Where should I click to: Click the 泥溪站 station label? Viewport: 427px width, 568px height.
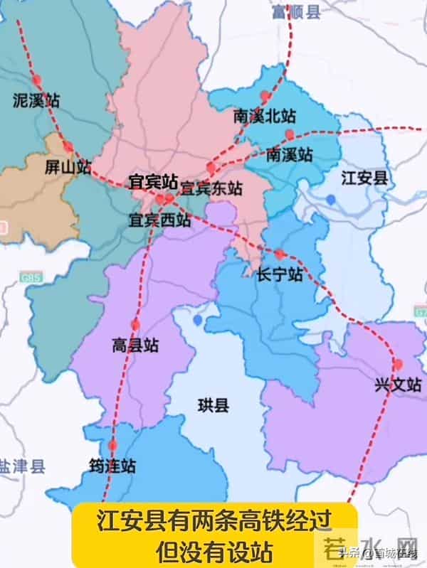(x=36, y=100)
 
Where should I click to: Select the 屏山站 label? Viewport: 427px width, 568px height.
(x=68, y=168)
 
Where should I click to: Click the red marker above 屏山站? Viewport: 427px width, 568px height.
(x=68, y=147)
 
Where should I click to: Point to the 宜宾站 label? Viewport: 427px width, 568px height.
(x=152, y=181)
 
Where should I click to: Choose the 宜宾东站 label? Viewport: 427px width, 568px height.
(x=211, y=188)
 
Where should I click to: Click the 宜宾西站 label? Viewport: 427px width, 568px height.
(x=159, y=220)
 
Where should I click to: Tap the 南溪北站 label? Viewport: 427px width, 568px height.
(x=264, y=115)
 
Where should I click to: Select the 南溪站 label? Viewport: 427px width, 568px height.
(x=289, y=154)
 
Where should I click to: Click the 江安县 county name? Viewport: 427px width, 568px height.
(x=364, y=178)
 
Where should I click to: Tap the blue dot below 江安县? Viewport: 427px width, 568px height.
(x=332, y=200)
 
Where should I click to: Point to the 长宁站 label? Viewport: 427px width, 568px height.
(x=280, y=274)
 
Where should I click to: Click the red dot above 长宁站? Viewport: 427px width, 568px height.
(x=280, y=254)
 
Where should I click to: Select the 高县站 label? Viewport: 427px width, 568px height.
(x=135, y=346)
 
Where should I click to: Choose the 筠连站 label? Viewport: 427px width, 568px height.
(x=112, y=467)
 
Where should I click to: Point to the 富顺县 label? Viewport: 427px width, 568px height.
(x=297, y=12)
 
